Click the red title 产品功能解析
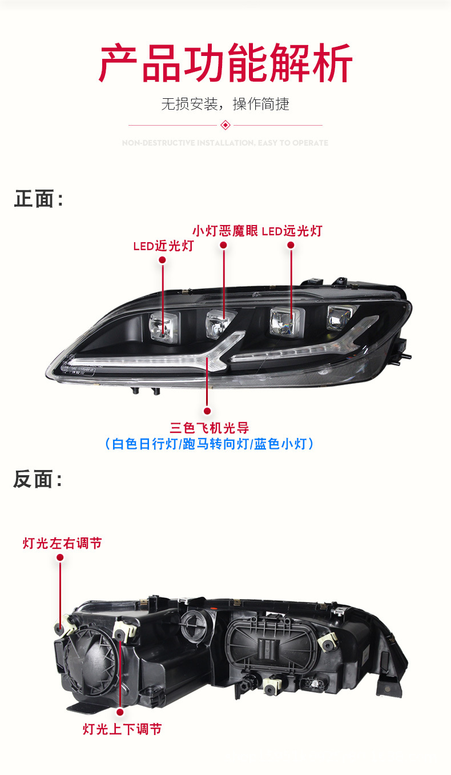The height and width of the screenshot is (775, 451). click(x=226, y=64)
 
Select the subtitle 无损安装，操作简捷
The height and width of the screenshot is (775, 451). click(x=225, y=104)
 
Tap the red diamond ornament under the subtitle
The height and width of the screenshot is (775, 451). click(x=226, y=125)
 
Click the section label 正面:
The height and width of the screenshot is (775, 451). click(x=38, y=199)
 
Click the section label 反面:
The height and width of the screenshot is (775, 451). click(x=38, y=480)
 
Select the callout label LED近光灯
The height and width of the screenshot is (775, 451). click(x=163, y=246)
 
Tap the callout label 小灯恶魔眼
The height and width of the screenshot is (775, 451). click(x=225, y=231)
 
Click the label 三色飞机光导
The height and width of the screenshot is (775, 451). click(x=209, y=427)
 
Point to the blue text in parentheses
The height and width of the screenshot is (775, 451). click(x=209, y=444)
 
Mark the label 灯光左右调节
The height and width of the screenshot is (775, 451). click(x=62, y=543)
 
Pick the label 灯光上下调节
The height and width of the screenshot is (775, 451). click(x=122, y=729)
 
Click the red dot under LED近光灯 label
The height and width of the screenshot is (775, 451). click(x=163, y=260)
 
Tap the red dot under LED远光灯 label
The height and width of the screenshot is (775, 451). click(x=291, y=245)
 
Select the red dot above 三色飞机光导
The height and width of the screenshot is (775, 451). click(x=207, y=411)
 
